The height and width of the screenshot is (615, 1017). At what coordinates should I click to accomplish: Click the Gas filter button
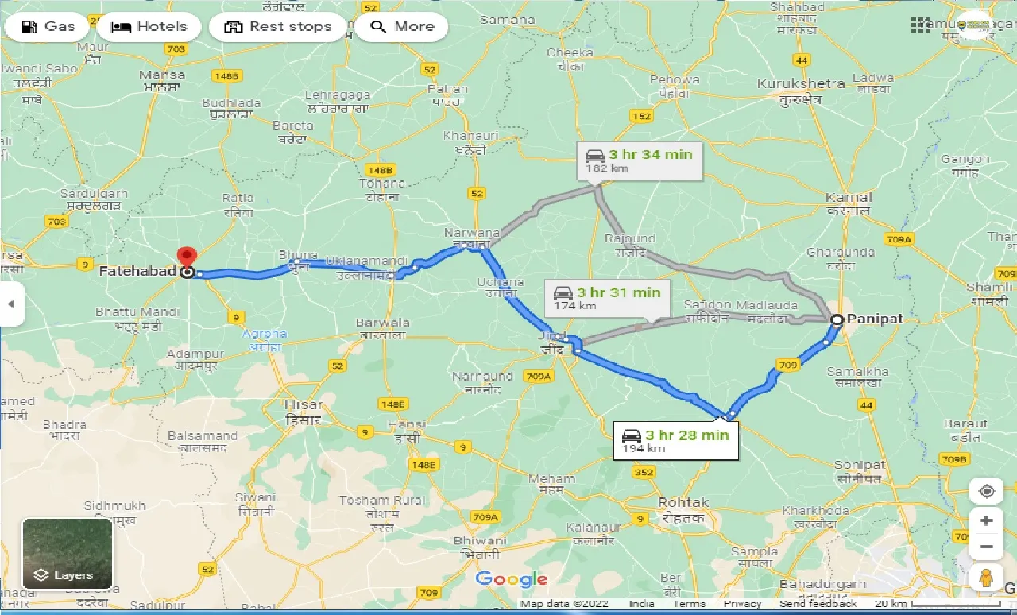click(48, 26)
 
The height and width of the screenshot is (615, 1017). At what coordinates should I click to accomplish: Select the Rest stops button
click(277, 26)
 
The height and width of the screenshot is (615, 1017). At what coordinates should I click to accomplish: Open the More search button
click(401, 26)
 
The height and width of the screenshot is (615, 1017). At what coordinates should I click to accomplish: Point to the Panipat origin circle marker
click(837, 320)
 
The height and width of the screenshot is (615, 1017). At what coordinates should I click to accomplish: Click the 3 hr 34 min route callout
click(640, 160)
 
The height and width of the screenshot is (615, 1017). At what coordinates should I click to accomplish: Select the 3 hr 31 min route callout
click(609, 298)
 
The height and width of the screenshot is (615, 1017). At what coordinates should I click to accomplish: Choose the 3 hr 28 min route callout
click(676, 440)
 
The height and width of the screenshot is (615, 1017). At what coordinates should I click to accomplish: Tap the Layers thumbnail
click(68, 553)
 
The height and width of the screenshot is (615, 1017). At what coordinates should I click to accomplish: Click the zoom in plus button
click(986, 521)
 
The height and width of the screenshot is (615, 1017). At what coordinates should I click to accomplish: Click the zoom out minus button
click(986, 547)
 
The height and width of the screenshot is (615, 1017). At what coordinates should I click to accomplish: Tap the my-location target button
click(986, 491)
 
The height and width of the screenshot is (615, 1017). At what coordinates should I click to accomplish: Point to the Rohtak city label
click(683, 502)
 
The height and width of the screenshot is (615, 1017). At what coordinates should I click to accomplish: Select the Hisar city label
click(303, 405)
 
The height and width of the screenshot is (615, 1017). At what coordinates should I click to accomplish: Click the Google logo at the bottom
click(512, 579)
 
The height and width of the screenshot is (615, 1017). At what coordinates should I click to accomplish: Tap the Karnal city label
click(849, 197)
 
